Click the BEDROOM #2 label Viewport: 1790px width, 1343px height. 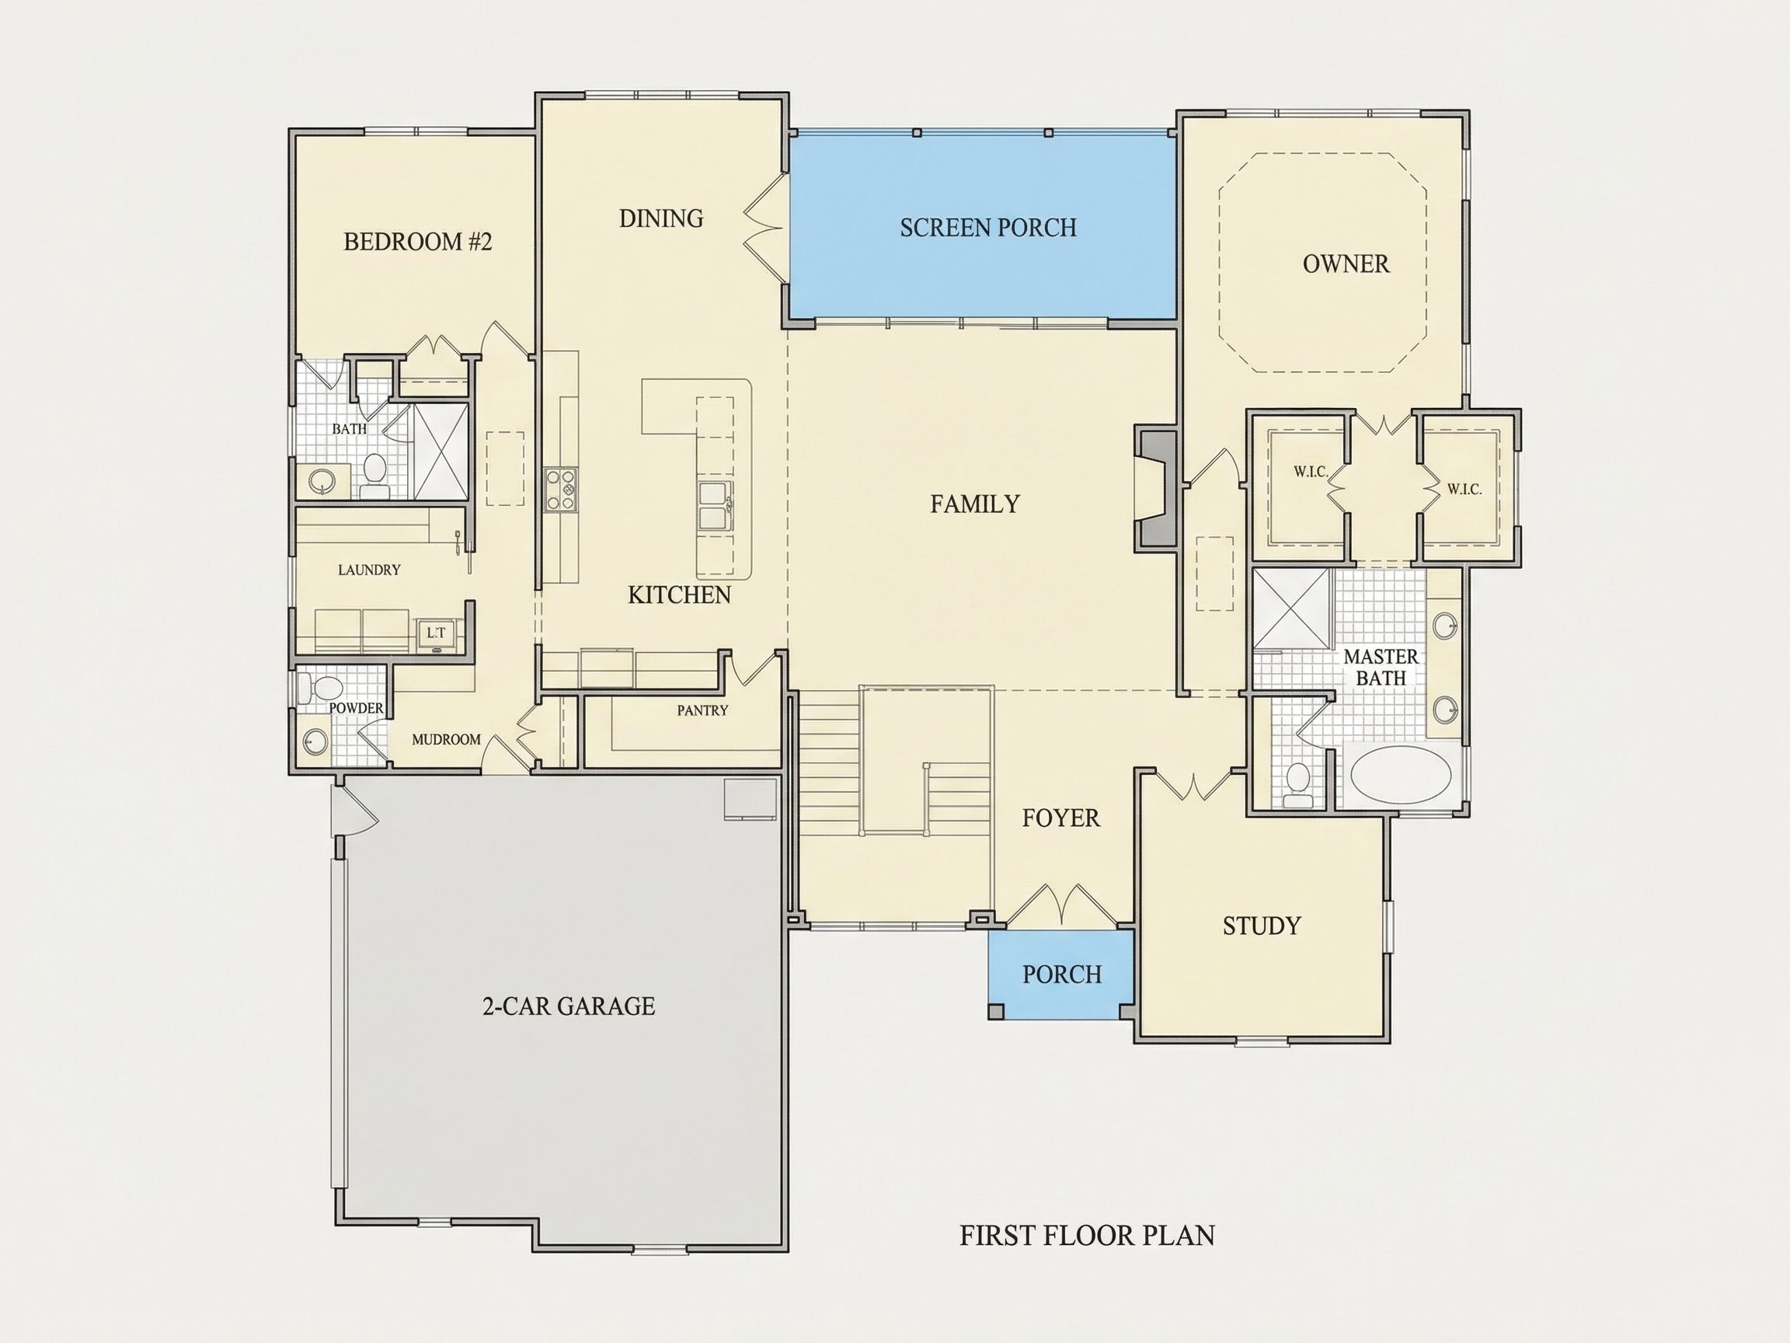click(x=417, y=241)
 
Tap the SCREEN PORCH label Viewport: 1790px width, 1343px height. click(x=988, y=228)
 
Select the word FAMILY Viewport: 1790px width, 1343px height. click(x=974, y=504)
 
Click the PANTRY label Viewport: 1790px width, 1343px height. click(x=702, y=710)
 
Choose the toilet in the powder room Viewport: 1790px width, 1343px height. click(x=322, y=689)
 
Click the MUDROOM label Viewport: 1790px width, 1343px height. click(x=446, y=739)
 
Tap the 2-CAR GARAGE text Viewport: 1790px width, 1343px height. click(x=568, y=1006)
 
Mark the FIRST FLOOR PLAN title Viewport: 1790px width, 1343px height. click(x=1087, y=1235)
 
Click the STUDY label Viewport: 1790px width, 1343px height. click(x=1262, y=926)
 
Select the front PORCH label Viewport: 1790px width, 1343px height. click(x=1062, y=974)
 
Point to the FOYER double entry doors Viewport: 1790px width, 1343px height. click(x=1061, y=904)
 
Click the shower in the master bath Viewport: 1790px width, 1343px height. click(x=1291, y=609)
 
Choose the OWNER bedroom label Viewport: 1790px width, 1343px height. click(x=1346, y=264)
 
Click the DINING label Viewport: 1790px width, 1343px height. click(x=661, y=218)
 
